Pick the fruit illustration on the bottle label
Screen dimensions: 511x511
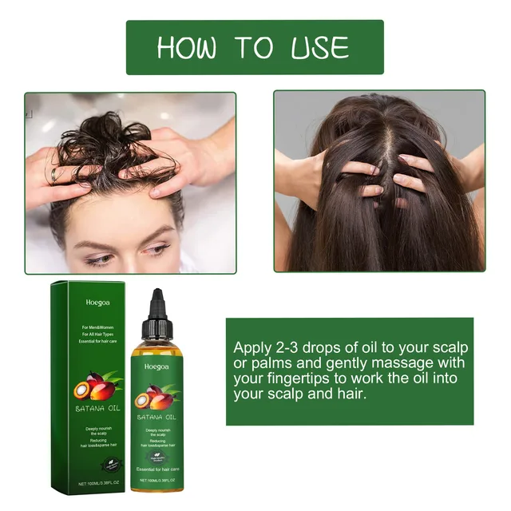tap(157, 396)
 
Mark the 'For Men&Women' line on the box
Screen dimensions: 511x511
tap(97, 328)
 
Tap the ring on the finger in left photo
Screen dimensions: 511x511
tap(53, 172)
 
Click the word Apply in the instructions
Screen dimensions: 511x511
tap(251, 349)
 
